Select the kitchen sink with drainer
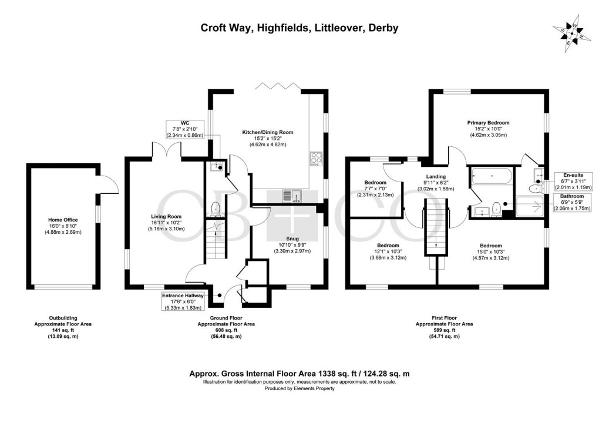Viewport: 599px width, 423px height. point(292,196)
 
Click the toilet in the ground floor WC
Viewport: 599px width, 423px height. point(216,209)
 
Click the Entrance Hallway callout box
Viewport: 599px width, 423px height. point(183,301)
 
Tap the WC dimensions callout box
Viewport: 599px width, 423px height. point(185,129)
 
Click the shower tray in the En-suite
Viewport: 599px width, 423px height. point(532,207)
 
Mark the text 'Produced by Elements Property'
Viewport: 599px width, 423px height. point(299,388)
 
